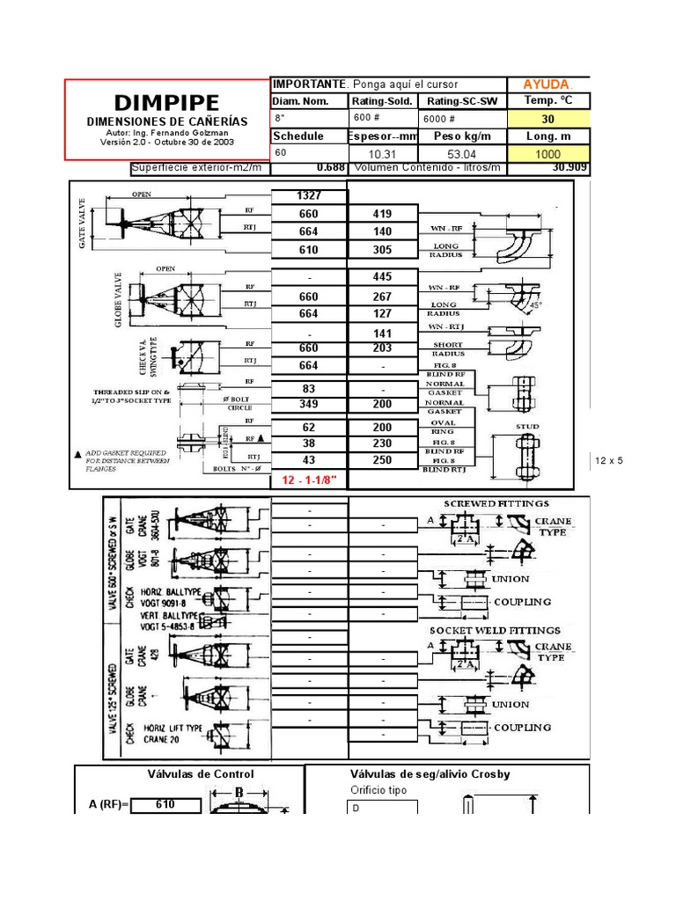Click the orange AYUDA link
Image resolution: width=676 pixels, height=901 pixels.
pos(547,84)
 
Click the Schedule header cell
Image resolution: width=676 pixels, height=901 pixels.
pos(298,136)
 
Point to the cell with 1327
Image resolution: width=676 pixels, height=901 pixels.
pos(309,195)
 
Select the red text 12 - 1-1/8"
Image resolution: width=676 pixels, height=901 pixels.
pos(309,480)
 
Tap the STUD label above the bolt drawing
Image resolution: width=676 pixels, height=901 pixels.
pos(527,427)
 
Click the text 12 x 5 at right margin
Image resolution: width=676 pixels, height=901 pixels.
pos(609,460)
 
